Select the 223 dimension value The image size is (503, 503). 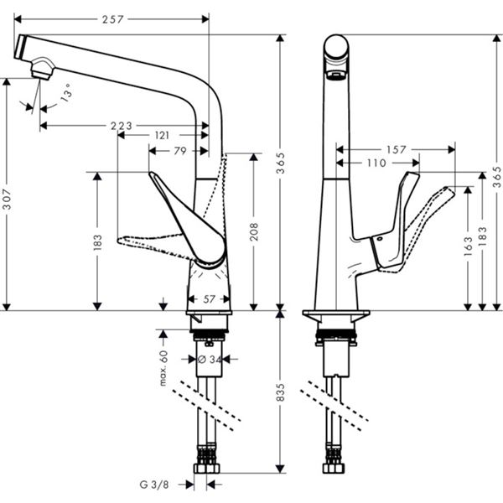121,126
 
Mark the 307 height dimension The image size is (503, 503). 8,199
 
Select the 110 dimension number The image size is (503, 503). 376,163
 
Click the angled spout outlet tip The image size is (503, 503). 39,70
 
